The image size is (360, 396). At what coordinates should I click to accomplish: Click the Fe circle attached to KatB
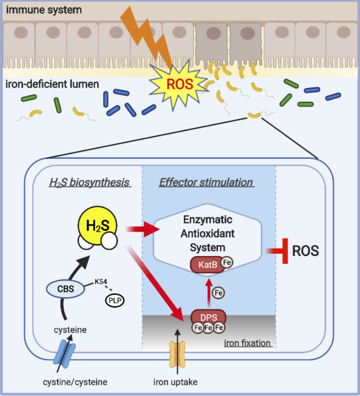coord(227,262)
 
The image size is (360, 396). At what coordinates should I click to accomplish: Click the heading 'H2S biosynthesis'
coord(90,182)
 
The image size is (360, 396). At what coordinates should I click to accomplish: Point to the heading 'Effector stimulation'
coord(206,182)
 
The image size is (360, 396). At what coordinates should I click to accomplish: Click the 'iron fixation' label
coord(248,343)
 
